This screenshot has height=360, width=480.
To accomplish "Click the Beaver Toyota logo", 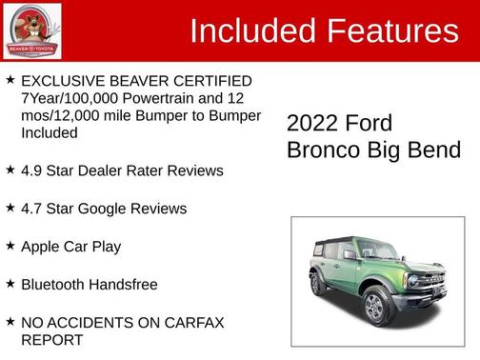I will coord(31,30).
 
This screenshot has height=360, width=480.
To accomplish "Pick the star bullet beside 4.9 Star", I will coord(10,170).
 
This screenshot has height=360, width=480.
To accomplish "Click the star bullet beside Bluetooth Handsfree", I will coord(10,284).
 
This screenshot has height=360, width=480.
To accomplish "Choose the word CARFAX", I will coord(190,323).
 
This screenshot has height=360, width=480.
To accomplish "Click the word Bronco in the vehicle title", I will coord(320,150).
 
